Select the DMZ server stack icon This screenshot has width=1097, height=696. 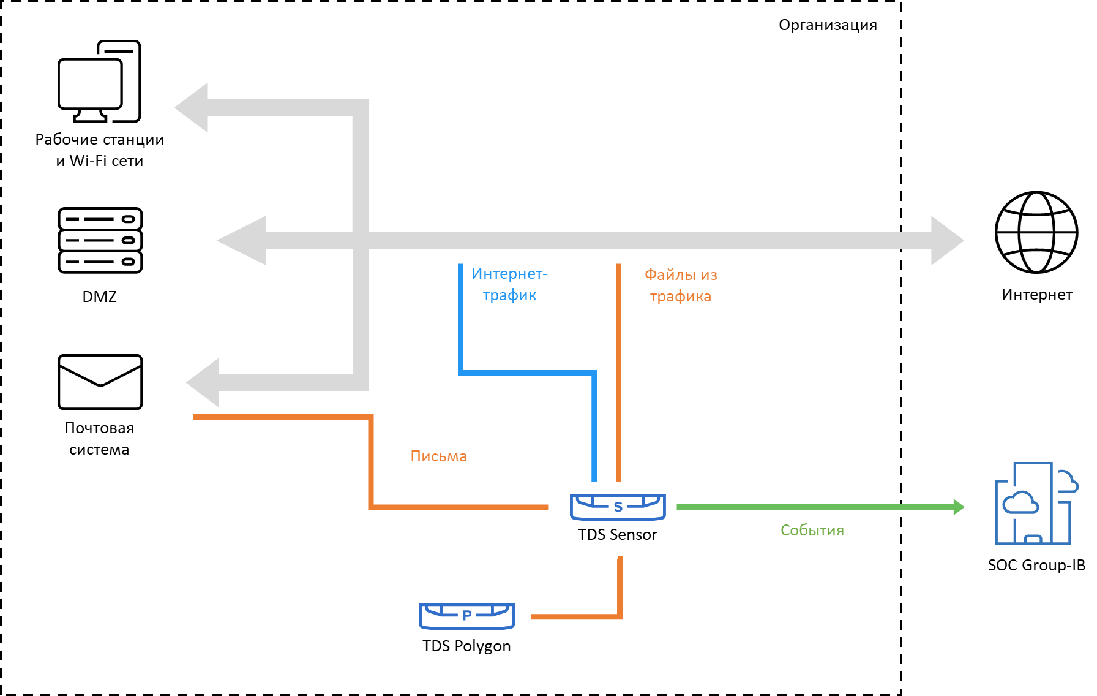pyautogui.click(x=100, y=240)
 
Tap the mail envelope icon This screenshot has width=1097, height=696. pyautogui.click(x=100, y=382)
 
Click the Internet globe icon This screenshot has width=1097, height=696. pyautogui.click(x=1036, y=232)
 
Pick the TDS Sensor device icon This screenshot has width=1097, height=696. pyautogui.click(x=618, y=507)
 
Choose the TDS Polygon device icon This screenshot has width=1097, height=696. pyautogui.click(x=466, y=616)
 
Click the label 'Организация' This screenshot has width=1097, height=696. pyautogui.click(x=827, y=25)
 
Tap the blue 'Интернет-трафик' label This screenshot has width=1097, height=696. pyautogui.click(x=509, y=284)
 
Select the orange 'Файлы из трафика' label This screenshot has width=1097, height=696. pyautogui.click(x=681, y=286)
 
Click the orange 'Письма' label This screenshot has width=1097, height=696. pyautogui.click(x=438, y=456)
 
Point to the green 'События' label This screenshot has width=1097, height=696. pyautogui.click(x=812, y=531)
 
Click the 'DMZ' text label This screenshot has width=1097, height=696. pyautogui.click(x=99, y=297)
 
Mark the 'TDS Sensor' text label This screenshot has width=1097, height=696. pyautogui.click(x=617, y=535)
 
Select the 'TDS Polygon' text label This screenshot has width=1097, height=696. pyautogui.click(x=466, y=646)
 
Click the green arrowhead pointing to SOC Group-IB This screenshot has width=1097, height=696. pyautogui.click(x=959, y=507)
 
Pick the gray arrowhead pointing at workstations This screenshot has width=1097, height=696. pyautogui.click(x=192, y=108)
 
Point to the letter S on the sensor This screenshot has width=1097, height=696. pyautogui.click(x=618, y=507)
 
